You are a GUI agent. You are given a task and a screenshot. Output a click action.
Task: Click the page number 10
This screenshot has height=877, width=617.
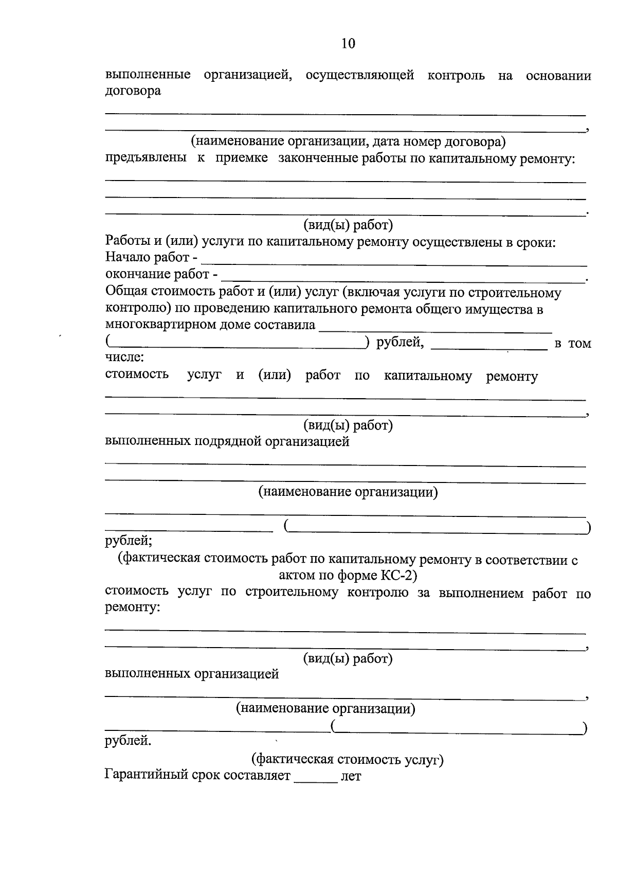(x=348, y=43)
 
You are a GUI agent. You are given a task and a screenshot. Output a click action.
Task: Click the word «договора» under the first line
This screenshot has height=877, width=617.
(x=133, y=92)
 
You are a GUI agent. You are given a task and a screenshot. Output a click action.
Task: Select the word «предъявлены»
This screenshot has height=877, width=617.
(x=146, y=158)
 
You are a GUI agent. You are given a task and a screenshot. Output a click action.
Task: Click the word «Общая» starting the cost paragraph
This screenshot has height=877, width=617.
(x=126, y=292)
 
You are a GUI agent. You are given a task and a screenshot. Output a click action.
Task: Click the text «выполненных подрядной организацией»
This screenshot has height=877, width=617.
(x=227, y=441)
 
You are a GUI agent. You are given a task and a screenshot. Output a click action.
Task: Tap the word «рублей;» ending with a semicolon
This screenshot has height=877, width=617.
(x=128, y=541)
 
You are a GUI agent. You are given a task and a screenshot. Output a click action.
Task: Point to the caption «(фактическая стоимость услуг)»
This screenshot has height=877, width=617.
(x=347, y=759)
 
